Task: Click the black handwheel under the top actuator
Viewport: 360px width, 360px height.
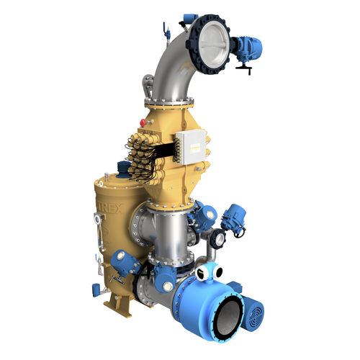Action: [x=246, y=68]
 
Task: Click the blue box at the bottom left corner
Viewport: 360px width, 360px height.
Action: [x=96, y=289]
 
